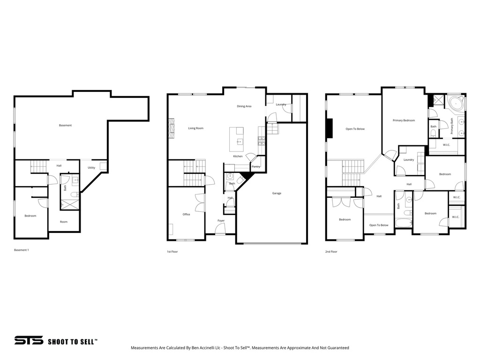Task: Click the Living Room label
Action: pos(195,128)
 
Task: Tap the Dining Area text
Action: pos(244,106)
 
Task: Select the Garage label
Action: pos(277,193)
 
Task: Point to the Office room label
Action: pos(186,214)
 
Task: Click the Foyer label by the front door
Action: pos(221,220)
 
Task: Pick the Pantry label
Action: pos(255,166)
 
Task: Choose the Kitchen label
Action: pos(238,156)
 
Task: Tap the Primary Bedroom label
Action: pos(403,120)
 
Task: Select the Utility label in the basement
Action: pos(91,167)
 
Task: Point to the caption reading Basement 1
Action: pos(21,250)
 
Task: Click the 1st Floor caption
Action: pos(172,252)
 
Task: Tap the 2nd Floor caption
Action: pos(331,252)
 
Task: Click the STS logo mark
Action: pos(29,340)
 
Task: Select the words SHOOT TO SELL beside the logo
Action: pos(73,342)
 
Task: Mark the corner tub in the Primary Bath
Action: pos(455,103)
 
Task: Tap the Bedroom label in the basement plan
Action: pos(30,216)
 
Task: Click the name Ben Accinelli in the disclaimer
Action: pos(207,348)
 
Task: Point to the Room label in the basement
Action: pos(63,222)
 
